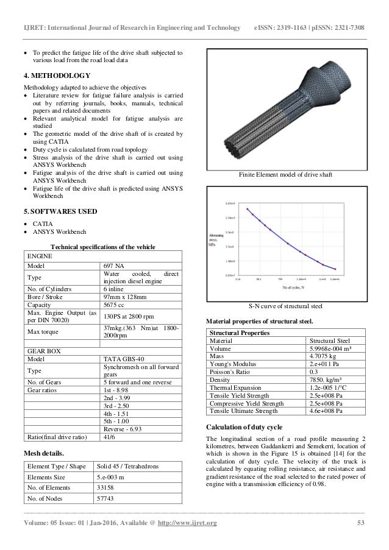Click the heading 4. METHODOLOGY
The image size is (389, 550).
57,76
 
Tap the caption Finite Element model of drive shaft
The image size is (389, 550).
287,175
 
